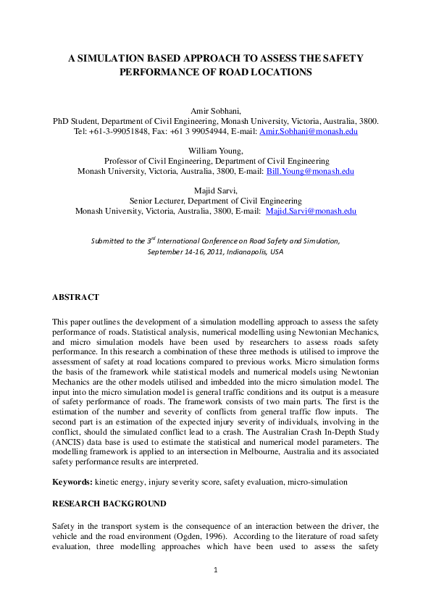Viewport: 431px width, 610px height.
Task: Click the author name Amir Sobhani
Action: pyautogui.click(x=215, y=110)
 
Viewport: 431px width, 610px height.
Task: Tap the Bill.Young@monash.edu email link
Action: pyautogui.click(x=319, y=172)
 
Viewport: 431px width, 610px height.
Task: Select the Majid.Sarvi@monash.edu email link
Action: pyautogui.click(x=311, y=211)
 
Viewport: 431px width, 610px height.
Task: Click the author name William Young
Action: pyautogui.click(x=215, y=150)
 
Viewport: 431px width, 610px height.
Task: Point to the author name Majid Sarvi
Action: pyautogui.click(x=215, y=190)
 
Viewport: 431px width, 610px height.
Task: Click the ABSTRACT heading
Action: pyautogui.click(x=75, y=297)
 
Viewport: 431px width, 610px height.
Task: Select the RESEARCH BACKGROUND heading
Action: pyautogui.click(x=109, y=503)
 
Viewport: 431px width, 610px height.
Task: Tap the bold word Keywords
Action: pyautogui.click(x=72, y=481)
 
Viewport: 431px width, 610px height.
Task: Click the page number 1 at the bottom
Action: pyautogui.click(x=215, y=570)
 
